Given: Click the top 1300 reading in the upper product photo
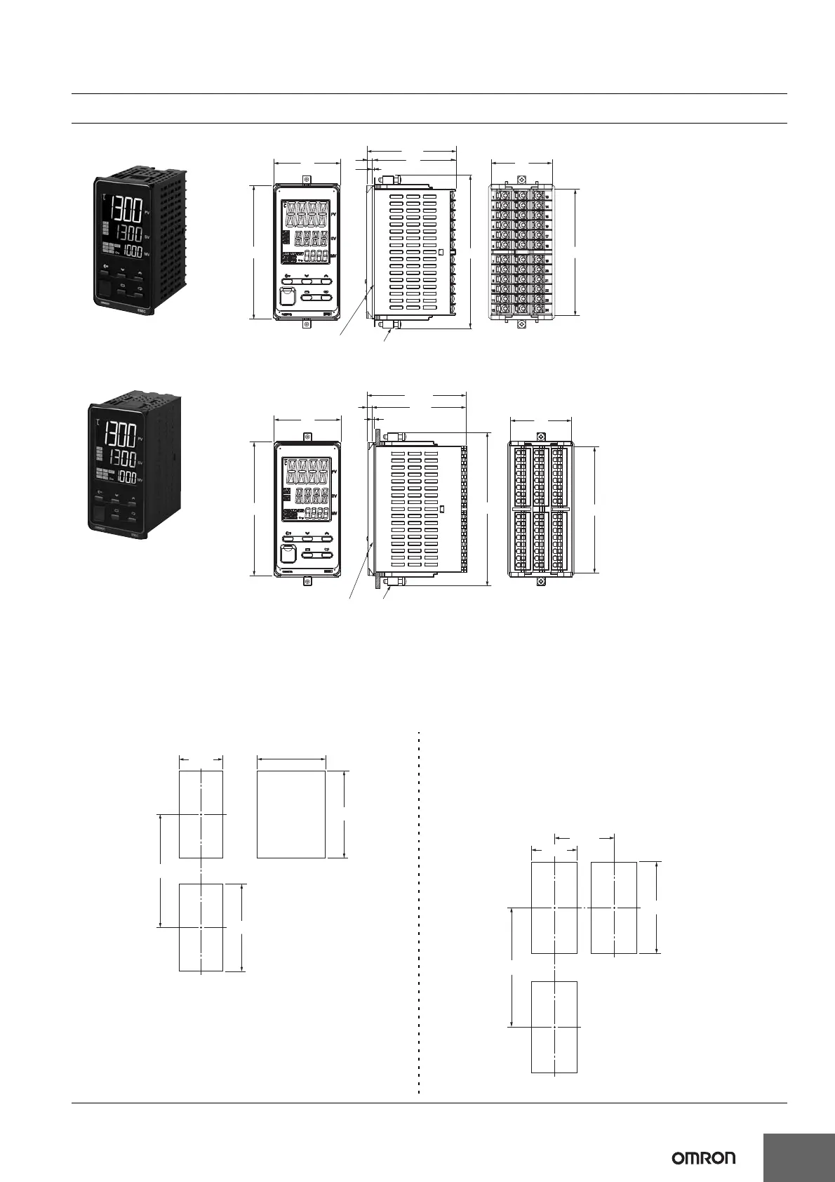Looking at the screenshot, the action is (x=123, y=208).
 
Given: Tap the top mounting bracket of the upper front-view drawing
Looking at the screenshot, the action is (x=307, y=180).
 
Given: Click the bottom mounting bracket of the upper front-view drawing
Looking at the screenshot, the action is (x=307, y=324).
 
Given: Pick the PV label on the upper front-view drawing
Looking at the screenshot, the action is (x=334, y=211).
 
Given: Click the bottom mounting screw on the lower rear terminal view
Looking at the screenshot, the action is (x=540, y=582).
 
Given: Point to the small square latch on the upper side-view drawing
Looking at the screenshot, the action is (x=441, y=251).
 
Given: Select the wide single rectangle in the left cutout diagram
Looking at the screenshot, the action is (x=291, y=814).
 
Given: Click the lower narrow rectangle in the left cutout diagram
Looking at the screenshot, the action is (x=201, y=927).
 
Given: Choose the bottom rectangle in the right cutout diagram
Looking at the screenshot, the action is (x=554, y=1026).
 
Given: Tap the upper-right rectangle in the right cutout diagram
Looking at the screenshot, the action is (x=614, y=908).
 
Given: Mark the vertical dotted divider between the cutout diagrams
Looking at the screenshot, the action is (x=419, y=912).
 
